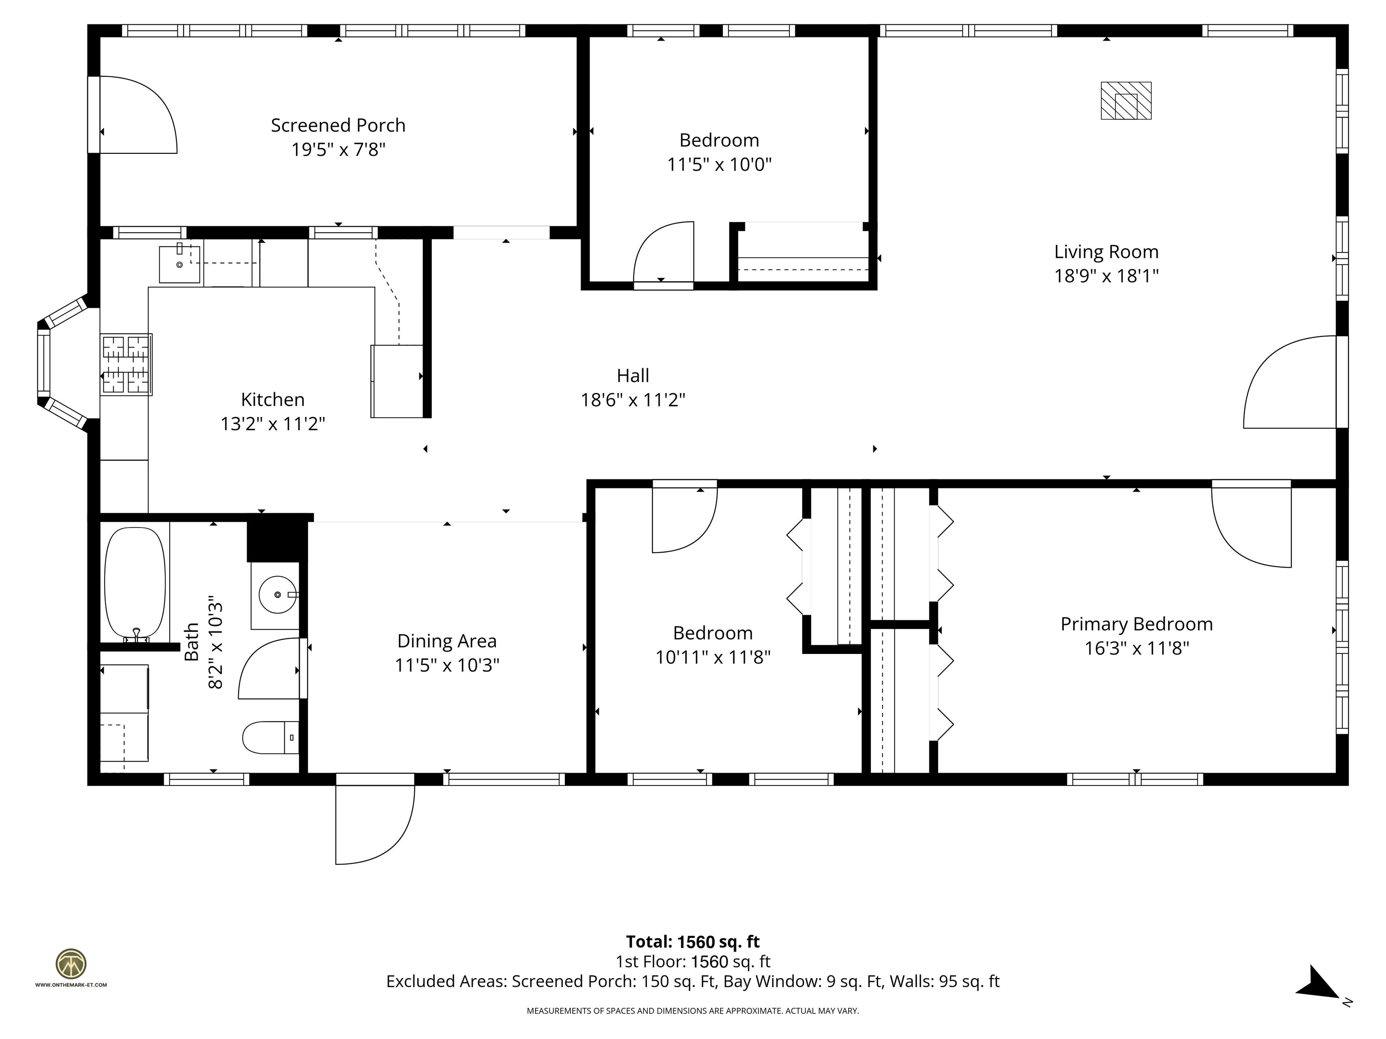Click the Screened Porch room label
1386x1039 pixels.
(338, 125)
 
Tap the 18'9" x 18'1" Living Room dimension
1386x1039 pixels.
(1106, 276)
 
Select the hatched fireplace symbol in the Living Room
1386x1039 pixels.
(1126, 100)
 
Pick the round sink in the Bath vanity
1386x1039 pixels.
(277, 594)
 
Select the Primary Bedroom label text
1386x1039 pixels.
(1136, 624)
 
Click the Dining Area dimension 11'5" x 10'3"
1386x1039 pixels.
(447, 665)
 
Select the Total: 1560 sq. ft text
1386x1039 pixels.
(693, 941)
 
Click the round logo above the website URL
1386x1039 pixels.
(71, 964)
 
